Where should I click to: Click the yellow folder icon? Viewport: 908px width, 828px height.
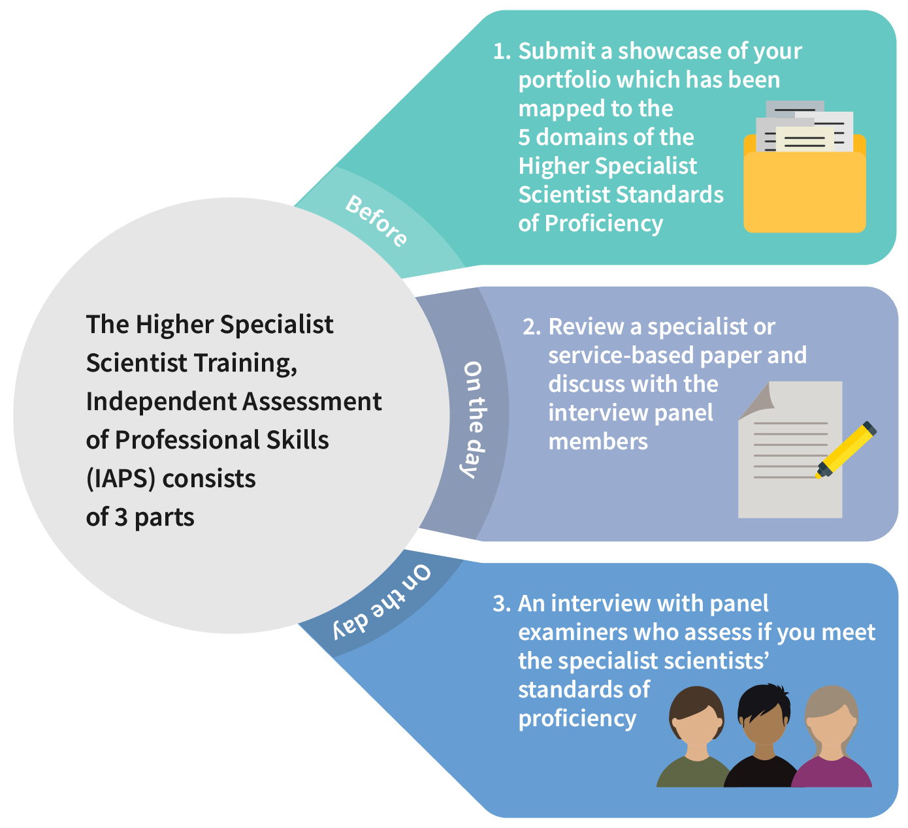click(804, 167)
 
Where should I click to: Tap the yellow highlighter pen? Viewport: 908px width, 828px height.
click(845, 450)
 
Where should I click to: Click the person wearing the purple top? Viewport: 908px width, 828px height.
click(831, 737)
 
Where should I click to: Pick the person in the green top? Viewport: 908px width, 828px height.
click(696, 737)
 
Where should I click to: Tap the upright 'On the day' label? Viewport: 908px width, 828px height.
click(474, 419)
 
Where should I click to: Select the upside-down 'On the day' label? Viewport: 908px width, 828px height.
click(381, 602)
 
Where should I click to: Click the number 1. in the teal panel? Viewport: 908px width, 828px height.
click(502, 51)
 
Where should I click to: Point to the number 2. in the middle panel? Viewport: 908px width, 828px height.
click(532, 326)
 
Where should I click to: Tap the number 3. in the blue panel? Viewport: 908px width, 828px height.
click(502, 603)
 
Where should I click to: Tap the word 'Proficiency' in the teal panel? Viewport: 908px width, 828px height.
click(604, 224)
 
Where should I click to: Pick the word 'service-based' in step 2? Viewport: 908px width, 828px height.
click(621, 355)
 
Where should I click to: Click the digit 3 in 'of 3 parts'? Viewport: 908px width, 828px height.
click(121, 517)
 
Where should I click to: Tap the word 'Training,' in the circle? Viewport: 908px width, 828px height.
click(246, 363)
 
